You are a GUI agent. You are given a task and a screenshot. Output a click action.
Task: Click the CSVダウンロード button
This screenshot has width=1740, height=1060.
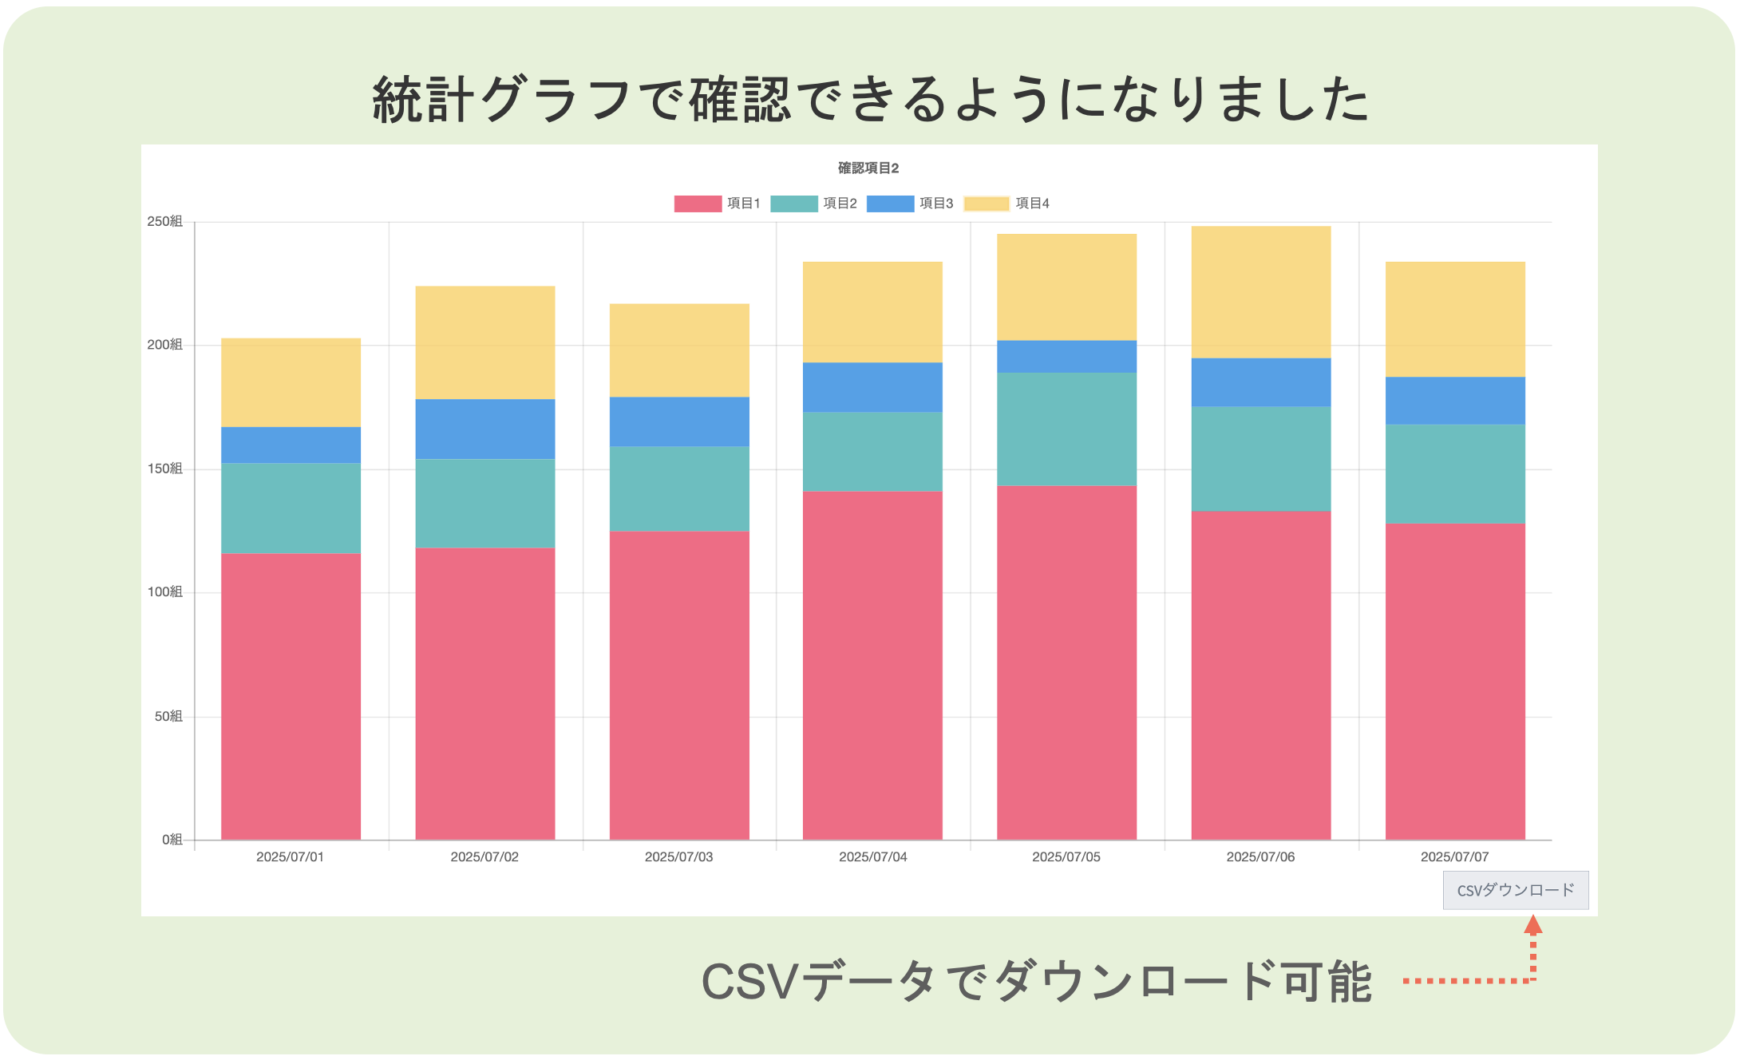click(x=1515, y=890)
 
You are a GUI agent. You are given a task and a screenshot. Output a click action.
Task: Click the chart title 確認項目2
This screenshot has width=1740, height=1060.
click(x=868, y=168)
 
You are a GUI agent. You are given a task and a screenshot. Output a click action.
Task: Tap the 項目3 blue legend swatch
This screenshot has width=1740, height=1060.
click(x=890, y=204)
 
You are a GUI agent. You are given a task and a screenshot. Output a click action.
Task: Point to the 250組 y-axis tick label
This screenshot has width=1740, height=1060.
click(x=164, y=222)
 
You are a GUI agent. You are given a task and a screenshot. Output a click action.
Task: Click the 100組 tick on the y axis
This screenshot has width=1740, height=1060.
click(x=164, y=592)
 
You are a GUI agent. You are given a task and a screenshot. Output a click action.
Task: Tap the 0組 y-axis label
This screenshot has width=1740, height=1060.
click(x=172, y=840)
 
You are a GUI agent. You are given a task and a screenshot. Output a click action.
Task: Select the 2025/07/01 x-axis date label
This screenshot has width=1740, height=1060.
click(x=290, y=857)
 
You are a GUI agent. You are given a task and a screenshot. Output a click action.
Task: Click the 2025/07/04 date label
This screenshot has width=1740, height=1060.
click(x=872, y=857)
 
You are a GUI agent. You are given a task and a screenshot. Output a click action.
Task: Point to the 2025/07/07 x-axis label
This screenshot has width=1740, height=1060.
click(x=1454, y=857)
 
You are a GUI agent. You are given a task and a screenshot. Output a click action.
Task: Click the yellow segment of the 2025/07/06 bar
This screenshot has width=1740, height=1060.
click(x=1260, y=292)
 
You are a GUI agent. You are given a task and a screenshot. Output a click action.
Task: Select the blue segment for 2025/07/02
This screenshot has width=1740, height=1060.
click(x=484, y=429)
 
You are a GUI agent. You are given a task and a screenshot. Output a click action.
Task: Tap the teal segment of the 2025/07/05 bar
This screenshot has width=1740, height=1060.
click(x=1066, y=429)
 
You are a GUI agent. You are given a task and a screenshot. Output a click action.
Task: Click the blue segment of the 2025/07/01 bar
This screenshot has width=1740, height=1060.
click(x=291, y=445)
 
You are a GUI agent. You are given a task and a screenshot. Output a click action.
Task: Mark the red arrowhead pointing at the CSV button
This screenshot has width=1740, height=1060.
click(x=1532, y=925)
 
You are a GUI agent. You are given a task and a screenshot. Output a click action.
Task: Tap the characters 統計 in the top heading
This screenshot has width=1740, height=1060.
click(x=423, y=101)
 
